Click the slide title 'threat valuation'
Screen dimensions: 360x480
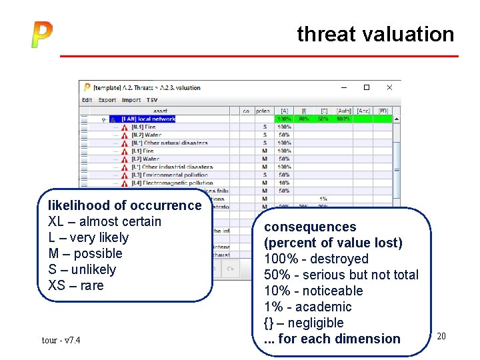coord(375,34)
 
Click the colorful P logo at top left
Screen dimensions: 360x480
coord(41,35)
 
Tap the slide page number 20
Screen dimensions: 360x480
coord(441,337)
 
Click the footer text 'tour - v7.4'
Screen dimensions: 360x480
coord(61,341)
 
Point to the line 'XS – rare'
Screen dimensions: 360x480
coord(76,285)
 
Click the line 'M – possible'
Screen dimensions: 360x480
coord(85,253)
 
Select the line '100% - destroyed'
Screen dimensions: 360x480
coord(316,259)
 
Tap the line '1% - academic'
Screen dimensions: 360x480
coord(307,307)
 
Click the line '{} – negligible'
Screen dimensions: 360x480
coord(303,323)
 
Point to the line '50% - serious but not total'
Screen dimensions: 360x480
coord(341,275)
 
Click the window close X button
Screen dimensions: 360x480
coord(389,87)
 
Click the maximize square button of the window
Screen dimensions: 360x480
coord(366,87)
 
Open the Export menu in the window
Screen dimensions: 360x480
coord(107,100)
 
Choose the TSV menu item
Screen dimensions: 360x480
coord(153,100)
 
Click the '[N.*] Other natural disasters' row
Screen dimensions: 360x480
coord(169,143)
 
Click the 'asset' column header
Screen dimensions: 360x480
coord(161,111)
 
